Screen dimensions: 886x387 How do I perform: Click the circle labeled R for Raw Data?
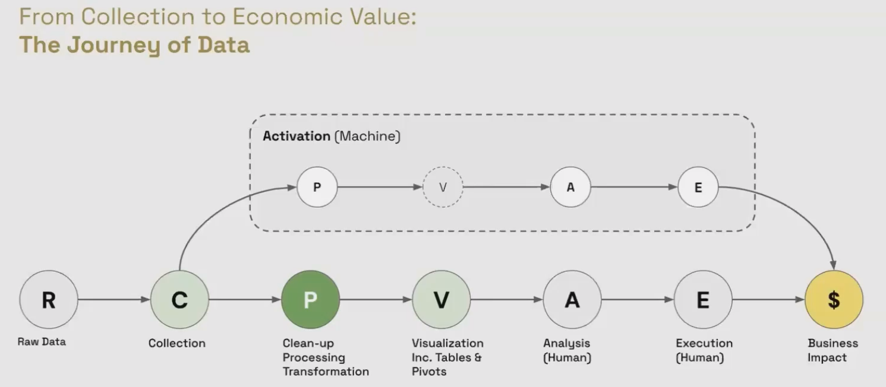[49, 300]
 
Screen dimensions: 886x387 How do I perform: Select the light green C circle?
[179, 300]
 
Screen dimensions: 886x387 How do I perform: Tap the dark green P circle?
[310, 300]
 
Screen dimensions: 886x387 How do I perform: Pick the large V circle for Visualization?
[441, 300]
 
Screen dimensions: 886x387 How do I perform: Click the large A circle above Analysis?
[572, 300]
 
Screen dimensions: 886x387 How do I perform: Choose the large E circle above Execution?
[702, 300]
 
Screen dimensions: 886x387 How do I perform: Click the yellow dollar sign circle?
[834, 300]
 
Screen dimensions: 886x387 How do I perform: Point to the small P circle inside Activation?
[317, 188]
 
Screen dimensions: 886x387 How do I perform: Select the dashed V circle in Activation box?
[443, 188]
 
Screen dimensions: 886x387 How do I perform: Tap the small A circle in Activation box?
[570, 188]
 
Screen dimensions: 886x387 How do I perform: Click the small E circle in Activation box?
[698, 188]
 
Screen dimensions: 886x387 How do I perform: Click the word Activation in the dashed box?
[297, 136]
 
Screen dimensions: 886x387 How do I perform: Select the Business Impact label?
[833, 350]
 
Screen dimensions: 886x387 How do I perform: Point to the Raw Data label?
[42, 342]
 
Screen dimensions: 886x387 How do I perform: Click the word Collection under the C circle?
[177, 343]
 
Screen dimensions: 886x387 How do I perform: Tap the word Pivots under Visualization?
[429, 372]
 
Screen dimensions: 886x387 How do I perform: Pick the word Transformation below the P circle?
[326, 372]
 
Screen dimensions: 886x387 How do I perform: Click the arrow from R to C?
[113, 300]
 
